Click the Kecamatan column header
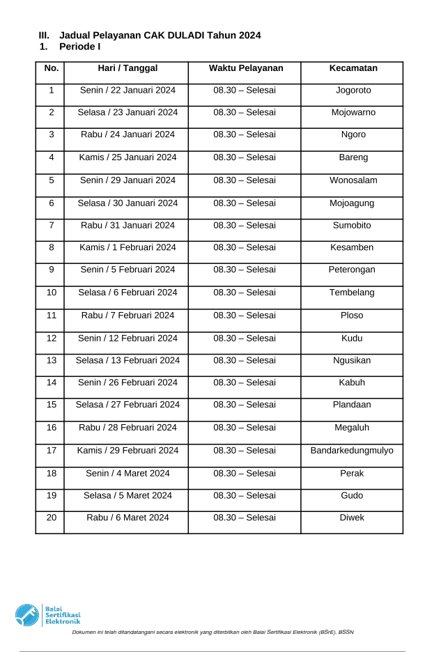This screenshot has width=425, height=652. coord(353,68)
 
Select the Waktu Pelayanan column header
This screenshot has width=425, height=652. coord(245,68)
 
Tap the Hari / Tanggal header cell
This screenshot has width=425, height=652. coord(127,68)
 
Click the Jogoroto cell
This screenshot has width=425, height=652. coord(353,91)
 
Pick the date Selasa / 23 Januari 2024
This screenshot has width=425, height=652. coord(127,112)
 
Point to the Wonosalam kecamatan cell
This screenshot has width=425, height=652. coord(353,180)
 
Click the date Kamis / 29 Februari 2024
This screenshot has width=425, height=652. coord(127,451)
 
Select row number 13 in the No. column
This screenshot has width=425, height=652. coord(52,361)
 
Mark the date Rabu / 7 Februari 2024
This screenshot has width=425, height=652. coord(127,316)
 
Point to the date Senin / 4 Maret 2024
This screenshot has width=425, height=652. coord(127,474)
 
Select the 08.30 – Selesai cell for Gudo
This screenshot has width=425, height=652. coord(245,496)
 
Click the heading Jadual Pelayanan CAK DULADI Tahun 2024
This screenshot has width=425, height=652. coord(160,35)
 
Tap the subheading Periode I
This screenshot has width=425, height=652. coord(79,47)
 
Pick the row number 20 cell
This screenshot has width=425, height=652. coord(52,518)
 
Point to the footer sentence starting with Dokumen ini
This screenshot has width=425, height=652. coord(215,632)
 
